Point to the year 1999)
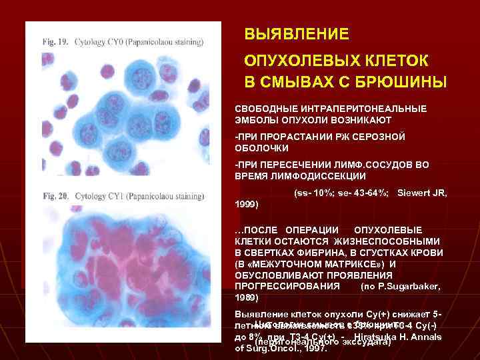coord(247,204)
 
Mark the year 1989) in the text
coord(247,297)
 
